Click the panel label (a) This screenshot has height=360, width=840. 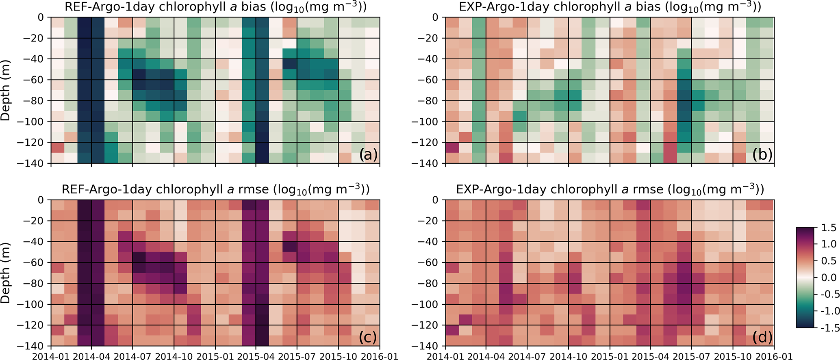(x=368, y=155)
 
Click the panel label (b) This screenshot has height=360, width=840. (x=762, y=155)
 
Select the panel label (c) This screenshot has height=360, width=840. (x=368, y=337)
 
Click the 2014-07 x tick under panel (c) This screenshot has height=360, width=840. (x=133, y=356)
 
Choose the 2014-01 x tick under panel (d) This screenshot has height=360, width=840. (x=446, y=356)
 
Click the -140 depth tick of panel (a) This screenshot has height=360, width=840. (x=34, y=163)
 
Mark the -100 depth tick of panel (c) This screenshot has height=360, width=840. (x=34, y=304)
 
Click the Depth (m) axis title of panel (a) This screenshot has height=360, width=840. (x=6, y=90)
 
